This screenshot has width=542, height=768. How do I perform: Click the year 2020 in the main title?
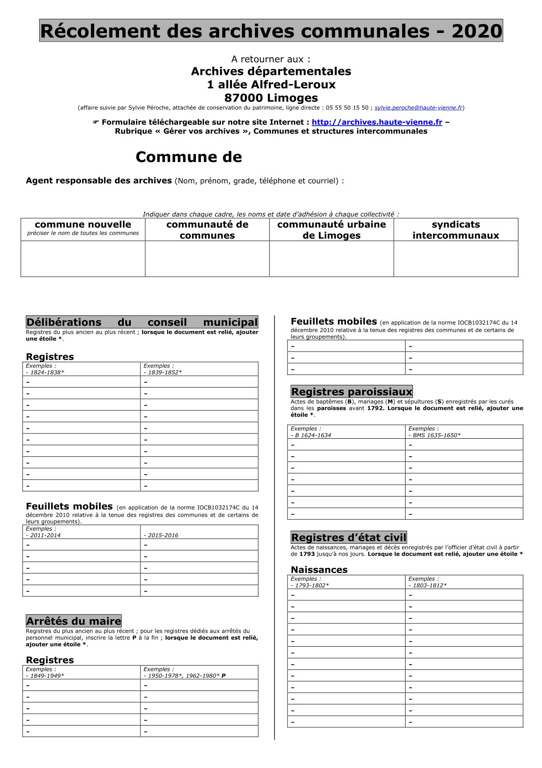pos(477,31)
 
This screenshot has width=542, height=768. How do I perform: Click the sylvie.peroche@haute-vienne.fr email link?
pos(418,108)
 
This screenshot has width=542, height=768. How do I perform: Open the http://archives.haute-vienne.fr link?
pos(377,123)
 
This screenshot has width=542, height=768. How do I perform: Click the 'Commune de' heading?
pos(189,157)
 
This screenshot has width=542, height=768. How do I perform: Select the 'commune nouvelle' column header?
pos(83,225)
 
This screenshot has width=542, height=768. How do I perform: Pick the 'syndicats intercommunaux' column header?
pos(455,230)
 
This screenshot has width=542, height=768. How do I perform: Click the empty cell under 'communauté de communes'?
pos(207,259)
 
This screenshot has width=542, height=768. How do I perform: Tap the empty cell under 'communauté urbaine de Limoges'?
pos(331,259)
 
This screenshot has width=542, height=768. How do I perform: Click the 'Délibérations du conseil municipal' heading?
pos(142,322)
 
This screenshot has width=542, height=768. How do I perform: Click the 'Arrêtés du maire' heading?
pos(73,621)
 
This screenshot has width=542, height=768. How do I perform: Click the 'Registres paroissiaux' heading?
pos(351,392)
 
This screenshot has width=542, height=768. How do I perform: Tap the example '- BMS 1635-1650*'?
pos(434,436)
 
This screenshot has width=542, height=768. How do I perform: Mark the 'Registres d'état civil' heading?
pos(349,538)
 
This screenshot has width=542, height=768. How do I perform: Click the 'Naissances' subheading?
pos(319,570)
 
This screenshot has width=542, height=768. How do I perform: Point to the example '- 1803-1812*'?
pos(427,586)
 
